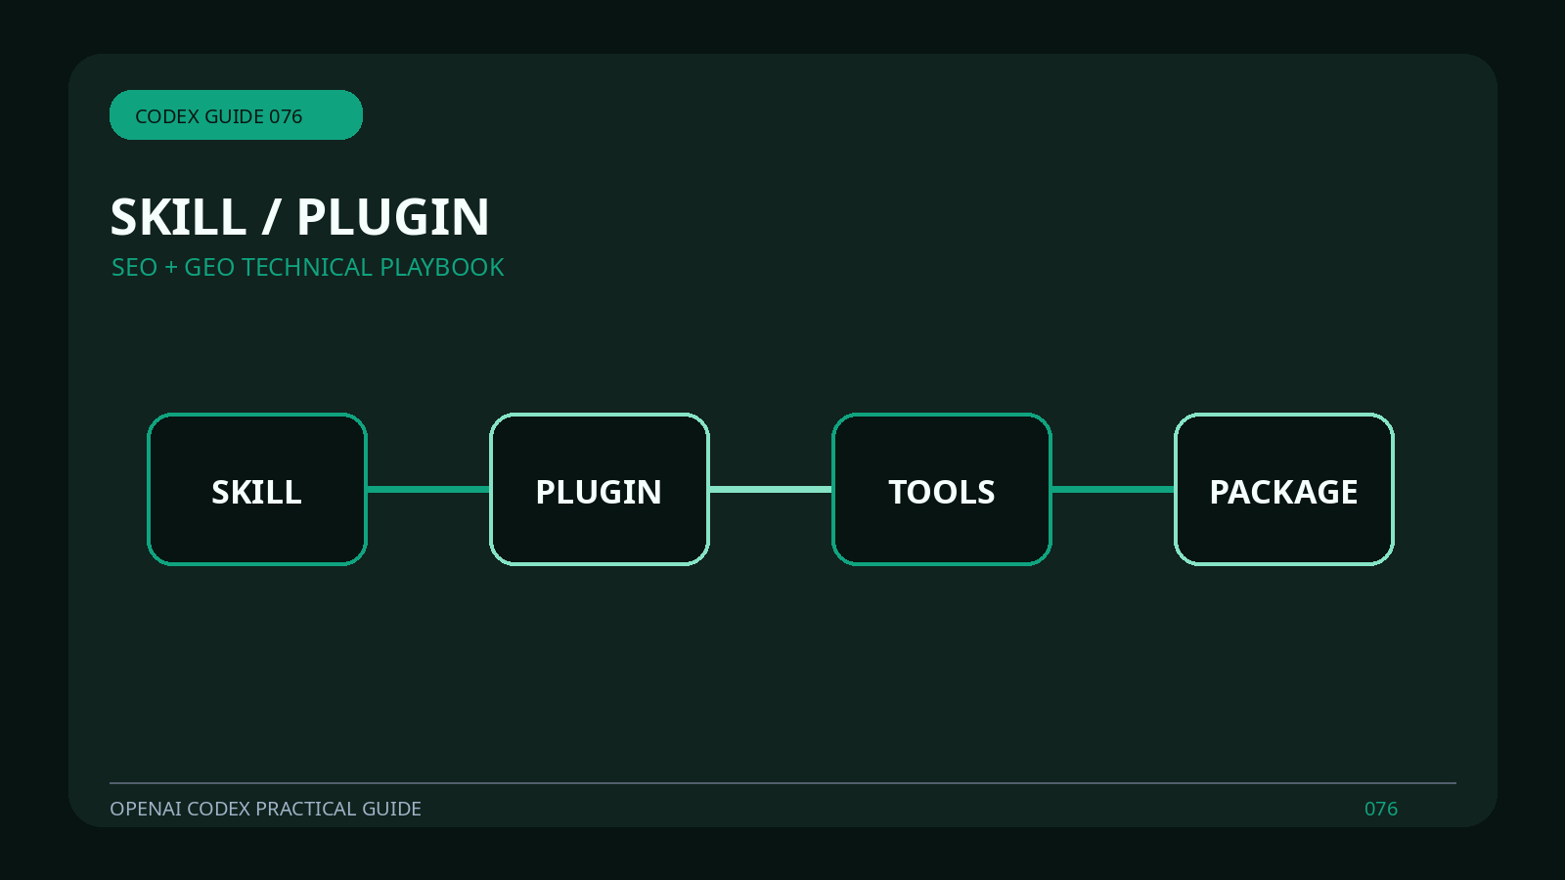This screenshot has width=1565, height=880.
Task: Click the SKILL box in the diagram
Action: click(x=257, y=489)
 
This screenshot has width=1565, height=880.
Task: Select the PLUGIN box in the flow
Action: click(x=600, y=489)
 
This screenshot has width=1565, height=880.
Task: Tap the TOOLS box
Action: click(x=942, y=489)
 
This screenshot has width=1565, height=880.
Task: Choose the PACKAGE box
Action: click(x=1284, y=489)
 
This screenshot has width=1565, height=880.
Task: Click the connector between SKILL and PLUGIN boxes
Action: click(x=428, y=490)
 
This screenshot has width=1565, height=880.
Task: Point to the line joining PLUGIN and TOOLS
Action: click(x=771, y=490)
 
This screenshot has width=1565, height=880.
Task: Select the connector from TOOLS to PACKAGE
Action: click(x=1113, y=490)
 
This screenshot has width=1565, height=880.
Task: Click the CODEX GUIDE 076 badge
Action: click(x=236, y=114)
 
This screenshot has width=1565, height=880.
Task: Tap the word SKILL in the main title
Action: click(x=178, y=216)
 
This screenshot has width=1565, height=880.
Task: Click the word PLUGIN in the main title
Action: click(x=392, y=216)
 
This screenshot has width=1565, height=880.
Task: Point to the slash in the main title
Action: click(x=270, y=216)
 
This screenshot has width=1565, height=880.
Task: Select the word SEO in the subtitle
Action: click(x=135, y=268)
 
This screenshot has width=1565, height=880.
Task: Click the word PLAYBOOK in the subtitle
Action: click(x=441, y=268)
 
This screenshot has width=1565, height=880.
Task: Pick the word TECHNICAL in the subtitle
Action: click(x=307, y=268)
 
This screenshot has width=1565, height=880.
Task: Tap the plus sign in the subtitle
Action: click(x=171, y=268)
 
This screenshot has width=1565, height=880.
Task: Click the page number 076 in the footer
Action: click(x=1381, y=809)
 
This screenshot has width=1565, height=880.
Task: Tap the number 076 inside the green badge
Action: click(x=286, y=116)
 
